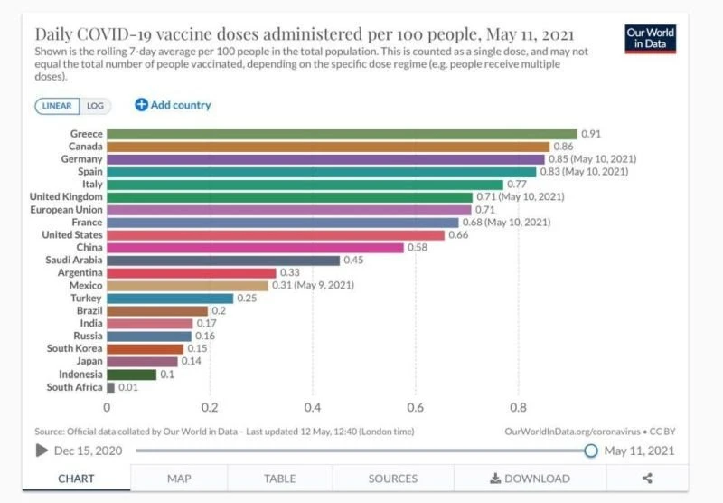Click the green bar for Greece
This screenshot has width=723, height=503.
coord(342,134)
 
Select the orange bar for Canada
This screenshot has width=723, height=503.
coord(328,147)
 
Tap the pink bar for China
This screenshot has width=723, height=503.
coord(255,248)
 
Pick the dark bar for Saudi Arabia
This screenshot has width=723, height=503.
coord(223,261)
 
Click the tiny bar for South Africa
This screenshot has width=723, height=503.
coord(110,387)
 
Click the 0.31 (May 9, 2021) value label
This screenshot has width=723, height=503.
coord(313,286)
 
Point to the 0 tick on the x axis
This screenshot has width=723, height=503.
coord(107,407)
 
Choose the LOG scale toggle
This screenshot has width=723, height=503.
coord(95,106)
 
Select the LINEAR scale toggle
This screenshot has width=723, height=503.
coord(58,106)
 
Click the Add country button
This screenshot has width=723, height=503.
coord(173,105)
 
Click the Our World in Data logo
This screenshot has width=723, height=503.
coord(650,39)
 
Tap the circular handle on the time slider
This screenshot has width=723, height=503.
coord(591,451)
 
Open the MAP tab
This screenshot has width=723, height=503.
coord(178,479)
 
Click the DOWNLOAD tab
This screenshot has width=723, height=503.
coord(530,479)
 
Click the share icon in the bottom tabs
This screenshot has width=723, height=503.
coord(647,479)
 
